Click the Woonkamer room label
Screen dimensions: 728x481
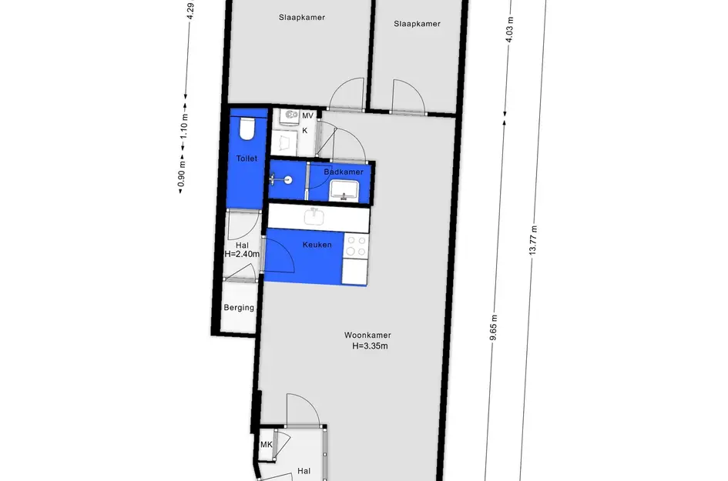(367, 335)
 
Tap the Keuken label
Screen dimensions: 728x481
(317, 245)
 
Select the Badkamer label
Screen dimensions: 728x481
(344, 172)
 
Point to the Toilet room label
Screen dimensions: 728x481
(247, 159)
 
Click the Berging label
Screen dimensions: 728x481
(239, 307)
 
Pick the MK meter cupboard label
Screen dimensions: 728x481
(267, 444)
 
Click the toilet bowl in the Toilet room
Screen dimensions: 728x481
(247, 129)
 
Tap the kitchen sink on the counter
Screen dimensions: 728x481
(315, 216)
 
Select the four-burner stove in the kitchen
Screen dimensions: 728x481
(356, 246)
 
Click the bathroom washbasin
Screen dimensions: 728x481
(344, 191)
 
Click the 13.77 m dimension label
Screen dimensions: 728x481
(533, 240)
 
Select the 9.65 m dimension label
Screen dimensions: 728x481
(494, 328)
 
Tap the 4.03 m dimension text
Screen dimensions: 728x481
(510, 30)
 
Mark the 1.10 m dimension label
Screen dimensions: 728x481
(184, 127)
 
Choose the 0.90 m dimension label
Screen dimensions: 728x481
(182, 173)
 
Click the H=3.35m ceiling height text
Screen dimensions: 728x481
(370, 346)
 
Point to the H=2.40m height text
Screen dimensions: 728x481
(242, 254)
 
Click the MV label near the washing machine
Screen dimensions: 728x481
(307, 115)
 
